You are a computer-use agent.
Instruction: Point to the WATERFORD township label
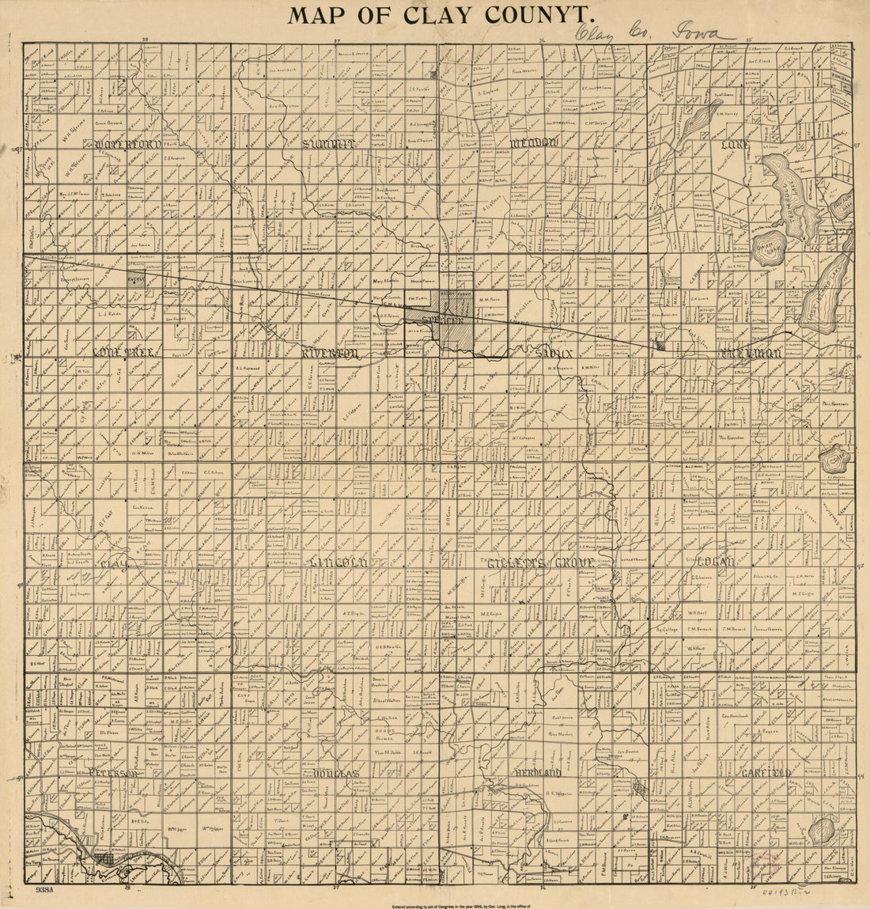click(x=127, y=145)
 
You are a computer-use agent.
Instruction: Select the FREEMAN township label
click(x=749, y=354)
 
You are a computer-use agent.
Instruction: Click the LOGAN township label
click(x=716, y=562)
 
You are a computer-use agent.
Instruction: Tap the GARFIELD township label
click(x=762, y=772)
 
